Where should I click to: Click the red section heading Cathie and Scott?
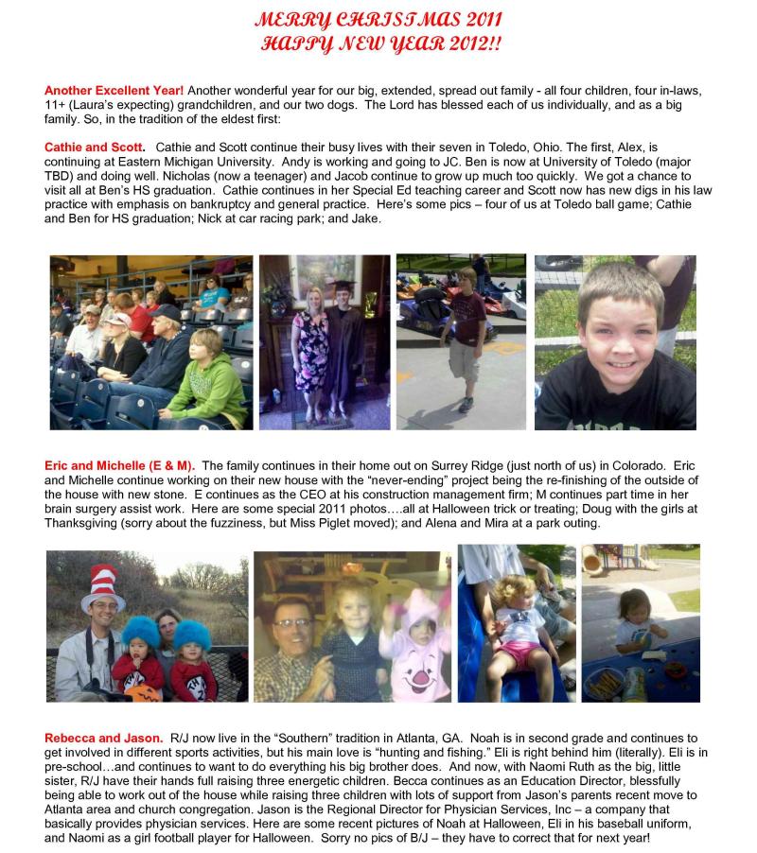[x=95, y=148]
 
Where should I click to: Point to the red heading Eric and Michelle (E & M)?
[x=120, y=465]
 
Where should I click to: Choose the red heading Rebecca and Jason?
[x=104, y=737]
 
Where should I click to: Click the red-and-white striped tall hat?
[x=102, y=587]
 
